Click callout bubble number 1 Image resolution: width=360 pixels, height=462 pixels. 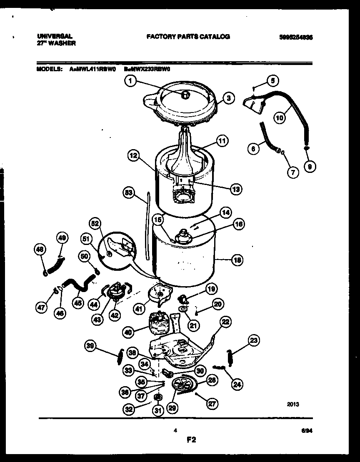click(x=130, y=82)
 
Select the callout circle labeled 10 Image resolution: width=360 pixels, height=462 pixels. click(x=280, y=117)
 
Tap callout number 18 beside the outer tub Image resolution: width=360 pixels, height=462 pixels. click(x=237, y=260)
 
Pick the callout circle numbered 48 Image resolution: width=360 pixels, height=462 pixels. click(x=40, y=250)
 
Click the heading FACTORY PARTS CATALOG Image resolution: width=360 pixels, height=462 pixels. click(x=188, y=37)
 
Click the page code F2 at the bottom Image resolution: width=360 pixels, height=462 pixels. click(x=191, y=440)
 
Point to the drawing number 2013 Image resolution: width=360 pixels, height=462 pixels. click(x=293, y=404)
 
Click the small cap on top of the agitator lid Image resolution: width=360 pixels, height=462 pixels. click(x=185, y=95)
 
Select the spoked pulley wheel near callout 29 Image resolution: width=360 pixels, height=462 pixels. click(x=182, y=383)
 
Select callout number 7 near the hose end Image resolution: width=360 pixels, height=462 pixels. click(x=293, y=171)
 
